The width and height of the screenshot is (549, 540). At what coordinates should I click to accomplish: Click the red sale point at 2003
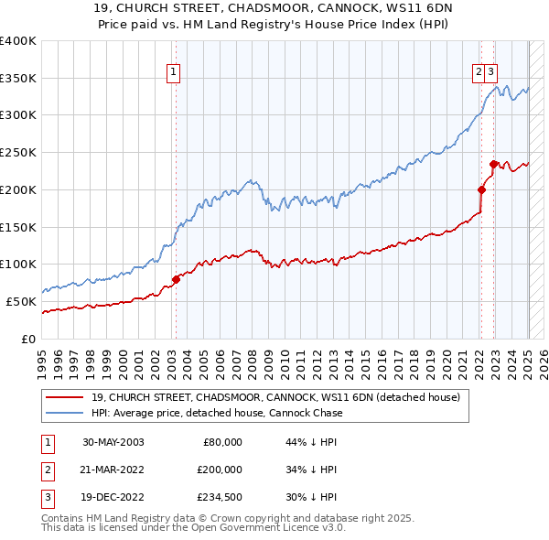click(x=177, y=279)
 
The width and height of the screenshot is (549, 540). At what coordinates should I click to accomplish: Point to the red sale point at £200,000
click(x=481, y=190)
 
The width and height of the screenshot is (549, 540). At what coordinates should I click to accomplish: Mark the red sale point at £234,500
click(x=493, y=165)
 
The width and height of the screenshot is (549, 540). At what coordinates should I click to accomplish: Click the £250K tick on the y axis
click(x=17, y=152)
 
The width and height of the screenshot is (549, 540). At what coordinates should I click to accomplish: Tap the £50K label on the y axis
click(x=21, y=301)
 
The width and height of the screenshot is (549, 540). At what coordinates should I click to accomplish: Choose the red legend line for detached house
click(x=66, y=398)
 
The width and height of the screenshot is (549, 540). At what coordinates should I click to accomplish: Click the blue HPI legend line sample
click(x=66, y=413)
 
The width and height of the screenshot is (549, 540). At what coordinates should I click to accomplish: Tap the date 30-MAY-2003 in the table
click(x=113, y=442)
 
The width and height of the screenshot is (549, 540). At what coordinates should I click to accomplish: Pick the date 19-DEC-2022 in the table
click(x=113, y=497)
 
